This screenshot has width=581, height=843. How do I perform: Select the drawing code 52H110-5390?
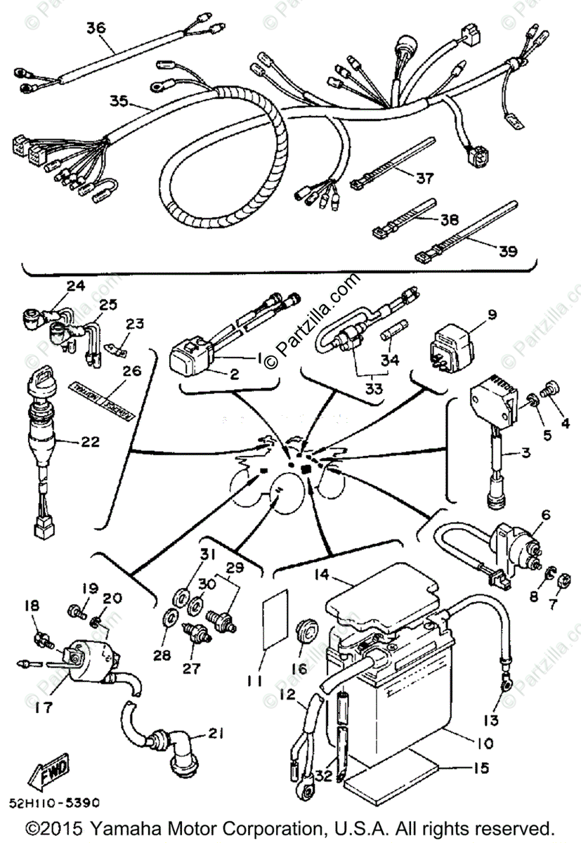point(55,801)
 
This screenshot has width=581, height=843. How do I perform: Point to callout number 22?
point(91,443)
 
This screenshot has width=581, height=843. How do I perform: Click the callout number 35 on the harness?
point(119,101)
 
